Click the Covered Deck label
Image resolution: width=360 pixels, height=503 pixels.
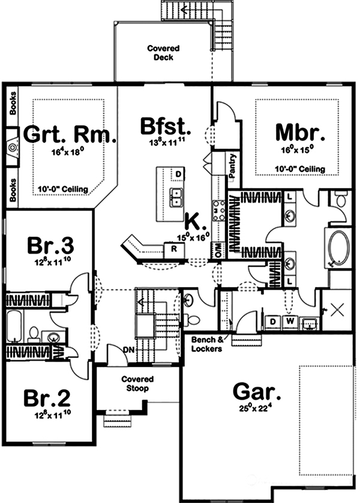160,53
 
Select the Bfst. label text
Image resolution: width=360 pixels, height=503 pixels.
166,128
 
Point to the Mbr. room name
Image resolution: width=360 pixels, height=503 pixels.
300,131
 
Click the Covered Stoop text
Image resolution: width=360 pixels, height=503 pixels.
137,384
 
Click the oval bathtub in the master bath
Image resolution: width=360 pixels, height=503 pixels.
337,248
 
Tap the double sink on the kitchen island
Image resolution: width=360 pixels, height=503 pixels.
176,196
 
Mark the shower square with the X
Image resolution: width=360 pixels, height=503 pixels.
337,309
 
